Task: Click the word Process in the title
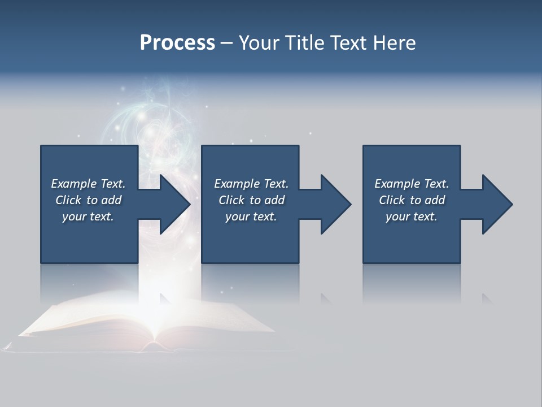(x=177, y=43)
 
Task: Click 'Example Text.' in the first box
(x=88, y=184)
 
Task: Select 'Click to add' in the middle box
(x=251, y=200)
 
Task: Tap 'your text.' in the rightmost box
(x=411, y=217)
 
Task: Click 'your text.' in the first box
(x=88, y=217)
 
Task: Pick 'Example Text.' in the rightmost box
(x=411, y=184)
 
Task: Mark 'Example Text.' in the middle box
(x=251, y=184)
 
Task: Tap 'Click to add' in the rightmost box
(x=412, y=200)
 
